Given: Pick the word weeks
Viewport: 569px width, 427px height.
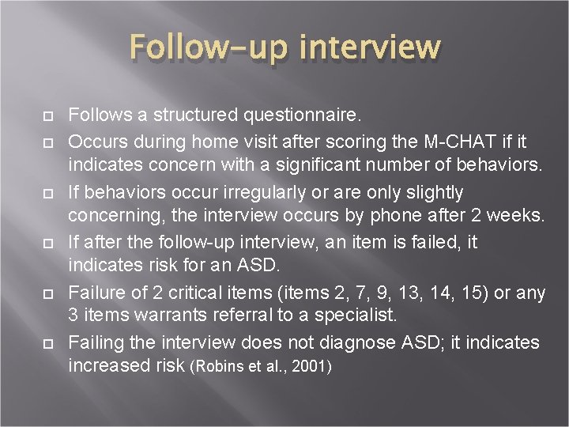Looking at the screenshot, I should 518,217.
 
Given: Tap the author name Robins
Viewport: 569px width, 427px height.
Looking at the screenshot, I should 215,368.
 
